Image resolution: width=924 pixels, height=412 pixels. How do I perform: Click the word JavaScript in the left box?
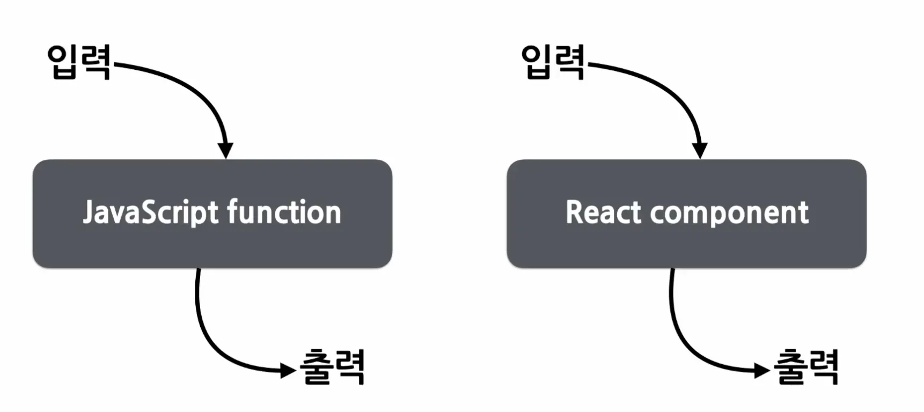151,212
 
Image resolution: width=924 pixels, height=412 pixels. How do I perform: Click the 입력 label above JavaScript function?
79,62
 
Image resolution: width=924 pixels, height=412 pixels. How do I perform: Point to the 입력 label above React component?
553,62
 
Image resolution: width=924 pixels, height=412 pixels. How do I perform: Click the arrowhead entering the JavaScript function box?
226,150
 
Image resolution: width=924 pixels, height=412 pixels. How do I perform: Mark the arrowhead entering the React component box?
700,150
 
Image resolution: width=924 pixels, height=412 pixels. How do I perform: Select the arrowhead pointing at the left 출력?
288,370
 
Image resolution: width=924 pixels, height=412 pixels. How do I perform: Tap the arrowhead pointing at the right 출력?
762,370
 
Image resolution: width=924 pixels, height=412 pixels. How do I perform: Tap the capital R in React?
575,212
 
